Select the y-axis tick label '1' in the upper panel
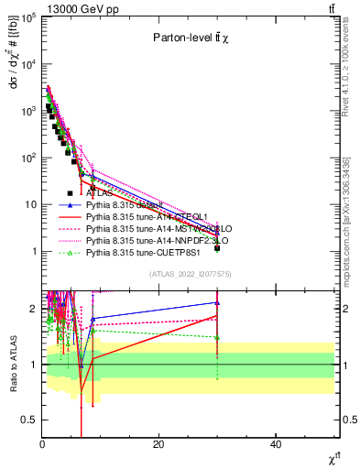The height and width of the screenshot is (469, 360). (x=32, y=251)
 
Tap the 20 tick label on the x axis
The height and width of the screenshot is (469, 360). (x=158, y=444)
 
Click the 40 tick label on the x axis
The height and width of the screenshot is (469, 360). (x=276, y=444)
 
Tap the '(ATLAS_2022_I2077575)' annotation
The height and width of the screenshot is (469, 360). (x=190, y=274)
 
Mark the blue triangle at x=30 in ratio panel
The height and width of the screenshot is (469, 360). (x=217, y=302)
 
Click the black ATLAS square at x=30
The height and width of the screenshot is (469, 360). (x=217, y=248)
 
